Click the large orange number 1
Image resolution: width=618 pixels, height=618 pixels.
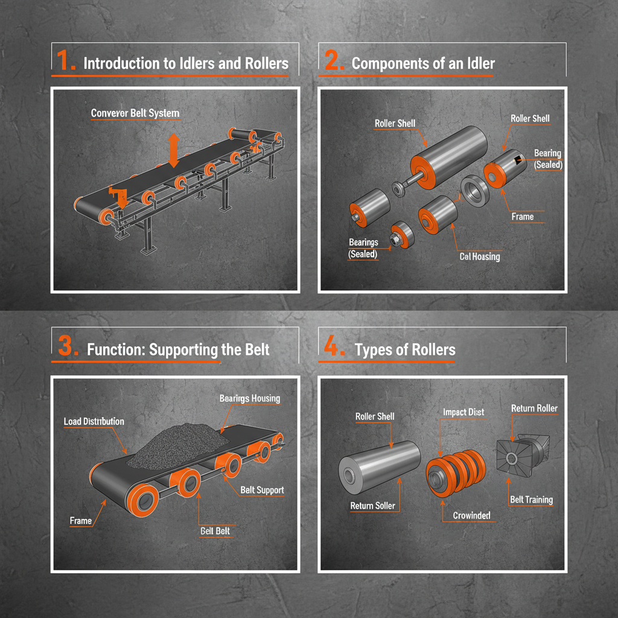pos(65,62)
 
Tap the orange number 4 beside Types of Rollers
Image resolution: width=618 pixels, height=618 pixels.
pos(331,348)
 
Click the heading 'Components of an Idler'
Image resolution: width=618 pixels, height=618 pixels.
pos(423,63)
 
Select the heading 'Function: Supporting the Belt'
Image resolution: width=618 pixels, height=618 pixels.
pos(178,349)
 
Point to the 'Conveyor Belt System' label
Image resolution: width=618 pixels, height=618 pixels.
pos(135,113)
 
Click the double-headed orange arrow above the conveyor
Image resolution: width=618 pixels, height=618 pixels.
pos(174,151)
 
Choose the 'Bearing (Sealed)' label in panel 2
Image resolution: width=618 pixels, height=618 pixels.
pos(547,159)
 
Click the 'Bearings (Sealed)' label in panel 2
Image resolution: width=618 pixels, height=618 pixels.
pos(363,248)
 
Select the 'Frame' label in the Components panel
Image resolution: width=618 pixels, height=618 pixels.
pos(522,216)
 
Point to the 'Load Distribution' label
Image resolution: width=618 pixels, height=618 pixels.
pos(94,421)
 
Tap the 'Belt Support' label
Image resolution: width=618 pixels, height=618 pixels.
pos(262,489)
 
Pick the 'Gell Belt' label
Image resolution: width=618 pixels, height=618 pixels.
pos(215,530)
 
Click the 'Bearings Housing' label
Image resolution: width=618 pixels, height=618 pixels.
pos(250,398)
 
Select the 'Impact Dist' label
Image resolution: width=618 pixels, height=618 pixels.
pos(463,412)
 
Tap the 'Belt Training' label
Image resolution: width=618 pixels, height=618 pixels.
pos(531,499)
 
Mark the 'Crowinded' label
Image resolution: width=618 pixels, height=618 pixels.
pos(471,515)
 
